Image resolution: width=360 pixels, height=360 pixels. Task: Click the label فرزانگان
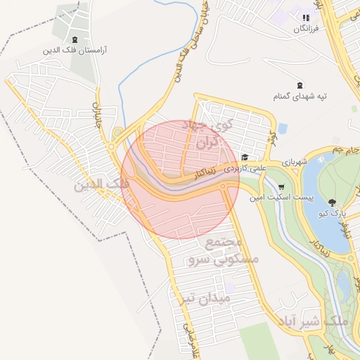click(x=306, y=29)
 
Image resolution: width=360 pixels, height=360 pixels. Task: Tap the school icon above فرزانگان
click(x=306, y=18)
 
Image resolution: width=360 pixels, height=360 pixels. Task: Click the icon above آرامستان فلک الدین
click(x=75, y=39)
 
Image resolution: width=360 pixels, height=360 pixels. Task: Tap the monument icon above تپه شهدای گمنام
click(x=301, y=84)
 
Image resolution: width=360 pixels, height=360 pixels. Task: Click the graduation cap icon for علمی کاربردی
click(x=244, y=157)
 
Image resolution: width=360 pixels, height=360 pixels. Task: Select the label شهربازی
click(x=295, y=162)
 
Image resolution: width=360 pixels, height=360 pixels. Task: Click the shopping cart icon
click(x=281, y=187)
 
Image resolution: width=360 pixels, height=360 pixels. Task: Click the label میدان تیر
click(x=204, y=298)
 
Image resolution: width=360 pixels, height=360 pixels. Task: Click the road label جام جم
click(x=347, y=150)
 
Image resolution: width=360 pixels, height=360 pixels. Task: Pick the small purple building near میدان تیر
click(x=230, y=288)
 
